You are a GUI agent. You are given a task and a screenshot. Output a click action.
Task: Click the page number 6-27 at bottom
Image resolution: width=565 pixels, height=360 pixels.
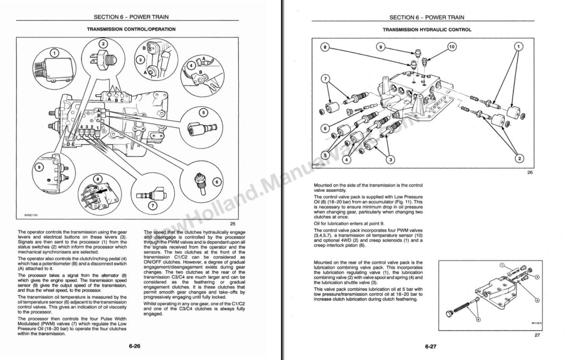[x=431, y=347]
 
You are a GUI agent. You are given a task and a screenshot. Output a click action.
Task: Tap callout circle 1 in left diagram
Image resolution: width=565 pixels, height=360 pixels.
[x=54, y=53]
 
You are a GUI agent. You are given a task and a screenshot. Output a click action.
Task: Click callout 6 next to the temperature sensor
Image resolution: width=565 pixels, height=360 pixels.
[x=216, y=181]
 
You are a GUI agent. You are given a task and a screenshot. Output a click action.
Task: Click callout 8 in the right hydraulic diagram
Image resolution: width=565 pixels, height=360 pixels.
[x=326, y=47]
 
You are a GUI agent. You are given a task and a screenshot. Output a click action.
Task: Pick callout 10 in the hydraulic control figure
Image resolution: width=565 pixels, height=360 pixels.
[x=452, y=47]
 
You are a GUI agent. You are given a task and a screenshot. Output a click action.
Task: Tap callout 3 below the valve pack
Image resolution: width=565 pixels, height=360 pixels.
[x=390, y=160]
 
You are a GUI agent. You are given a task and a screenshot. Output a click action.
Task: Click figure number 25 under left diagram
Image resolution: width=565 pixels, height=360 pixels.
[x=233, y=223]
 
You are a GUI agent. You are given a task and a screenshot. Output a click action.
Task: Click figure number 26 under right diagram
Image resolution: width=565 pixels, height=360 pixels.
[x=529, y=172]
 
